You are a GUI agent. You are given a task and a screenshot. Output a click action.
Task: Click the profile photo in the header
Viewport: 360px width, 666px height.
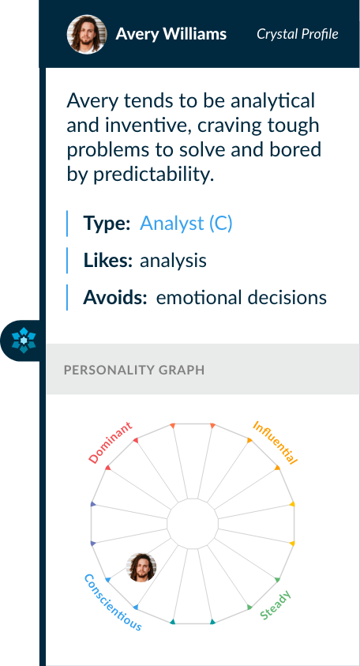pos(87,34)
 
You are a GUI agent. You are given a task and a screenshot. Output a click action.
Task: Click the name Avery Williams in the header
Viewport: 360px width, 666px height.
pos(171,34)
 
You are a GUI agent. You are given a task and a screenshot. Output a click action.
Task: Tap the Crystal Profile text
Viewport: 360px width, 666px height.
pos(297,34)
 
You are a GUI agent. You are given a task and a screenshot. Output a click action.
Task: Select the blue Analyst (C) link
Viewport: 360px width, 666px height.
pos(186,224)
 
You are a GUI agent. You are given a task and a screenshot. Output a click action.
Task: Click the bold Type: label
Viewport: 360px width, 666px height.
pos(107,224)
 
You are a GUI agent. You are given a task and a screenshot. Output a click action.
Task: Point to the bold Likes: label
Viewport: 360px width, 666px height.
pos(108,261)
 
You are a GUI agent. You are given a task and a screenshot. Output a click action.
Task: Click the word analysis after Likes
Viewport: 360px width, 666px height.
pos(173,261)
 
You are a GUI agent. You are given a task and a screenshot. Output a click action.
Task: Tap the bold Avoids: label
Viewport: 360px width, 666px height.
pos(114,298)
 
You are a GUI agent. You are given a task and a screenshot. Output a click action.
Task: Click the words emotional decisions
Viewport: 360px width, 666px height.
pos(242,298)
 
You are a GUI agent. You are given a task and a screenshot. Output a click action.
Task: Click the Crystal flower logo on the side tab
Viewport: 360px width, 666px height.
pos(24,341)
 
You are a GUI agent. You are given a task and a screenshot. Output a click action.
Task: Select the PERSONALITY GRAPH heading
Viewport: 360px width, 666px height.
pos(134,370)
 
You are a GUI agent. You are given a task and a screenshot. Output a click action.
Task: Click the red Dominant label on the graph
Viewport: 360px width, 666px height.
pos(111,442)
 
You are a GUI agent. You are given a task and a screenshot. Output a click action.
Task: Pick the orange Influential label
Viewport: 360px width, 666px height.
pos(275,442)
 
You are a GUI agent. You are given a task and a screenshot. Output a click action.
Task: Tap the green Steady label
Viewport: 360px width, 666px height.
pos(275,605)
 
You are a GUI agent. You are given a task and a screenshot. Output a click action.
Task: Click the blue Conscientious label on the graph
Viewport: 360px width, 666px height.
pos(113,602)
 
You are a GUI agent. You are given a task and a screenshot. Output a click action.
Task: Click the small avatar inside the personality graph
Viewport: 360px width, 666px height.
pos(141,567)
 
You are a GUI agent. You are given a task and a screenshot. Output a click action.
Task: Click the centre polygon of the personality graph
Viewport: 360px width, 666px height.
pos(193,524)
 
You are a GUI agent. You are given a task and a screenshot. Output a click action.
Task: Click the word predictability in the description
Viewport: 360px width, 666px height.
pos(153,175)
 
